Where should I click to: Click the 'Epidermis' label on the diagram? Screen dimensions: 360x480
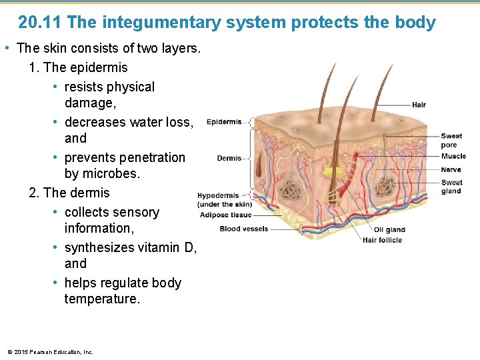click(x=224, y=122)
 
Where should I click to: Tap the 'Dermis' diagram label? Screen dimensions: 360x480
click(x=229, y=159)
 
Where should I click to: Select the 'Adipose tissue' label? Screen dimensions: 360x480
click(x=225, y=215)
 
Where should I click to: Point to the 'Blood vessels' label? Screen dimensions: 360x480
click(x=243, y=229)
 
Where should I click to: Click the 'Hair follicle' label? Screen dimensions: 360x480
click(x=382, y=240)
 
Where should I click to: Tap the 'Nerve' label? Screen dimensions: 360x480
click(x=451, y=170)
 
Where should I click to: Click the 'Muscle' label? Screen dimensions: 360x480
click(x=453, y=157)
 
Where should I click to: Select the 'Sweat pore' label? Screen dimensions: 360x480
click(x=451, y=141)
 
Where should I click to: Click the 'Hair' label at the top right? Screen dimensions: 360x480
click(x=419, y=105)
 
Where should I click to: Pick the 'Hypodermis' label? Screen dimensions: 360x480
click(x=218, y=196)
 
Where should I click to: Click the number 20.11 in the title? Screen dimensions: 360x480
click(x=40, y=23)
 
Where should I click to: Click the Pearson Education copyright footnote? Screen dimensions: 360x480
click(x=50, y=351)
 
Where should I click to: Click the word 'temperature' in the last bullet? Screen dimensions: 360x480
click(x=102, y=299)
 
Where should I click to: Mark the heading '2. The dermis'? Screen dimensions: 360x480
click(x=69, y=193)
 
